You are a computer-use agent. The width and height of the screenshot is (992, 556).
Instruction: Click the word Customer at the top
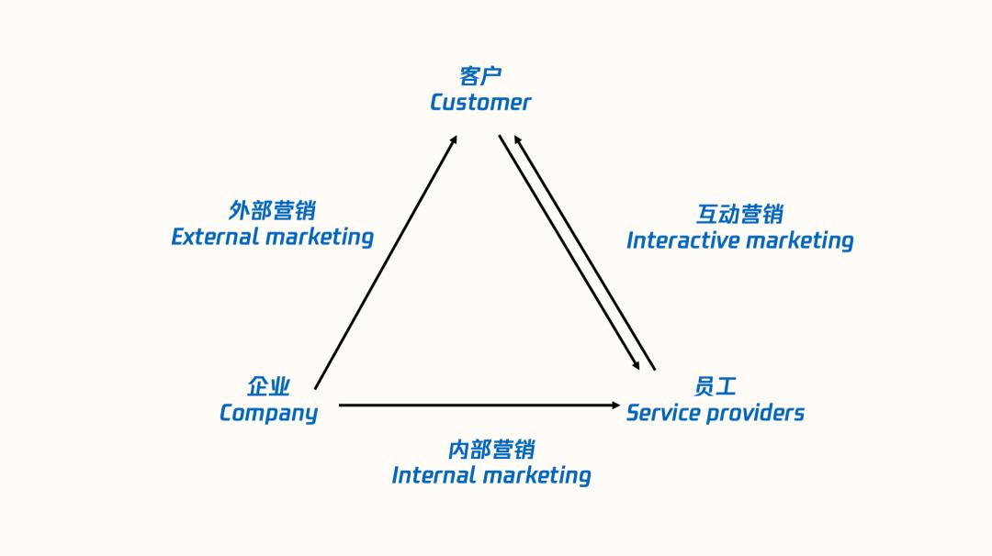pos(480,102)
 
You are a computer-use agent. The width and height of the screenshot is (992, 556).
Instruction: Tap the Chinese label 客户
pos(480,76)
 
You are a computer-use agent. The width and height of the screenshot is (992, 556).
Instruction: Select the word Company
pos(268,413)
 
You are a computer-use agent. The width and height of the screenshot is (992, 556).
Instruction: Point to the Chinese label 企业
pos(268,386)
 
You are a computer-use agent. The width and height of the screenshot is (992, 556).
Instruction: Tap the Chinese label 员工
pos(715,386)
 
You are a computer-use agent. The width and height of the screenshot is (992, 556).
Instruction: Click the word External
pos(215,237)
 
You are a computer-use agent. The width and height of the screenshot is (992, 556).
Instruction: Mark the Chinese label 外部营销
pos(272,211)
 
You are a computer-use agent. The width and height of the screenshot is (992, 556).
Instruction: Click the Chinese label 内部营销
pos(490,450)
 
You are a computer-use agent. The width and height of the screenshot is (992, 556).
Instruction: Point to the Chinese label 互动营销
pos(739,214)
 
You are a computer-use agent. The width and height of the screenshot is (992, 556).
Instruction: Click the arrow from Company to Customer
pos(386,262)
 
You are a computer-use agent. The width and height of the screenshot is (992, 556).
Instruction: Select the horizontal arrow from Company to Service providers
pos(478,405)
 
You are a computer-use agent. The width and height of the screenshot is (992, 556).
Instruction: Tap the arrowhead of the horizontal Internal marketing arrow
pos(616,405)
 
